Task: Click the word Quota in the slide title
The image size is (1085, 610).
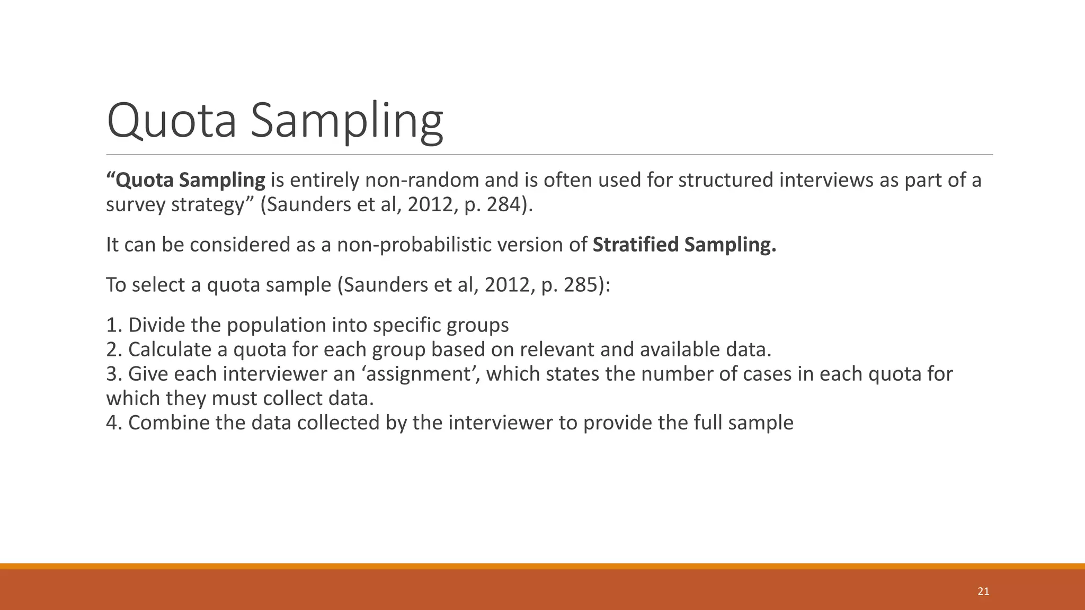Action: (171, 121)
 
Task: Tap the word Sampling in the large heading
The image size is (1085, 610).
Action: (346, 121)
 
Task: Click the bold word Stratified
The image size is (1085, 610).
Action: (635, 245)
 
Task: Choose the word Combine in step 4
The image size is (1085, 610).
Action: (169, 423)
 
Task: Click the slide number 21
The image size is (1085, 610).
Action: (983, 591)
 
